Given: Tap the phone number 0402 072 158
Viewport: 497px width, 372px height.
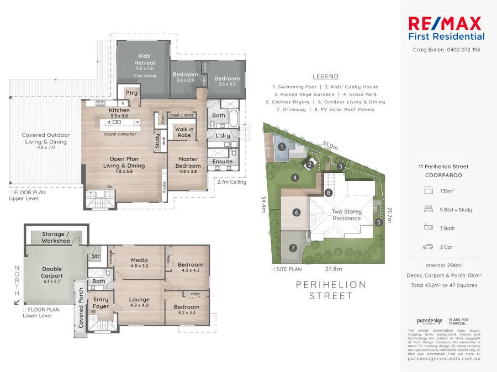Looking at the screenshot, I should coord(459,50).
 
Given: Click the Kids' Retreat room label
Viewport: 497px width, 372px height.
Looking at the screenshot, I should coord(145,60).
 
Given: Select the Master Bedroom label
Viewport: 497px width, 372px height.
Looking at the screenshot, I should coord(188,162).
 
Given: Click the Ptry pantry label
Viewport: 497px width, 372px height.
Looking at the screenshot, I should coord(131,93).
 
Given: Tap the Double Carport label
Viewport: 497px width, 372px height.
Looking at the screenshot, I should coord(52,273).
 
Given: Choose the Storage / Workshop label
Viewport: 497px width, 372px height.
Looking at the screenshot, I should coord(56,237).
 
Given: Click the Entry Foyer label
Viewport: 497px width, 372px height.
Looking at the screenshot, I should coord(101,303).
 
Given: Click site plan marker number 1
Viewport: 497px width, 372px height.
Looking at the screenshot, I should coord(282,147).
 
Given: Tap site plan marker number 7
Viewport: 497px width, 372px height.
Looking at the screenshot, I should coord(293,248).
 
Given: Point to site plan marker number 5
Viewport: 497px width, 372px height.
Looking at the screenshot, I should coord(378,222).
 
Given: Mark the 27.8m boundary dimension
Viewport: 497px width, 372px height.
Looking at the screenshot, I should coord(334,269).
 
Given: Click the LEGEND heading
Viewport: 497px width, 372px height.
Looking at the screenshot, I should coord(325,77).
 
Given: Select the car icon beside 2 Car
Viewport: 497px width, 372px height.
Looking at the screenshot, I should coord(428,247).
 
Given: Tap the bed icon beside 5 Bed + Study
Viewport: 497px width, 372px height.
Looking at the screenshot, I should coord(428,210).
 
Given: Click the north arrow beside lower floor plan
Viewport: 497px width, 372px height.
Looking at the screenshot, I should coord(16,302).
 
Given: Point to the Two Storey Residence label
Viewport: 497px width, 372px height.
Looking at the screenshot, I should coord(346,215).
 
